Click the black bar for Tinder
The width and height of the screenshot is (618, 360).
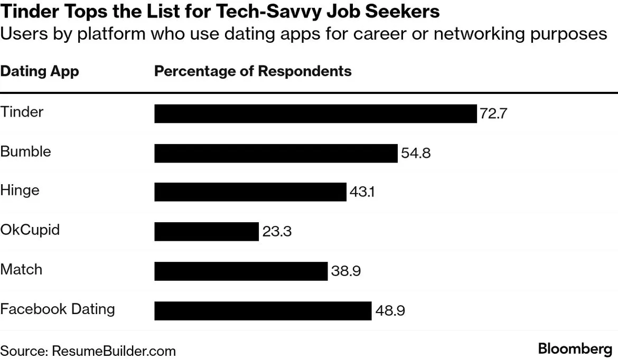315,113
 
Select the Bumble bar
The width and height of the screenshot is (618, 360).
276,153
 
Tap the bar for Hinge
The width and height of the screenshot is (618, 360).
250,192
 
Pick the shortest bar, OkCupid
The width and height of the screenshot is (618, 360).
207,232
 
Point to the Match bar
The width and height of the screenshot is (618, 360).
241,271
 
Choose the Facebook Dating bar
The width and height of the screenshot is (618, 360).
263,311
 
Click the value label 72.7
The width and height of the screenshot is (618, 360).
493,114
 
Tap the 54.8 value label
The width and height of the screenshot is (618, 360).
416,154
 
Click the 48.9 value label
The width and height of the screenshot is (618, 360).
390,311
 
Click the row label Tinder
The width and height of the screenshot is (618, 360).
22,112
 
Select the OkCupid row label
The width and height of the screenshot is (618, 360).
30,230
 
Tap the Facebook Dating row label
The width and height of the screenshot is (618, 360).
58,309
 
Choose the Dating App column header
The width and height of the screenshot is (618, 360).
40,71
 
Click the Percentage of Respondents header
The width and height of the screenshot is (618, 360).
252,71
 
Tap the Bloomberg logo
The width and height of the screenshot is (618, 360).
575,349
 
